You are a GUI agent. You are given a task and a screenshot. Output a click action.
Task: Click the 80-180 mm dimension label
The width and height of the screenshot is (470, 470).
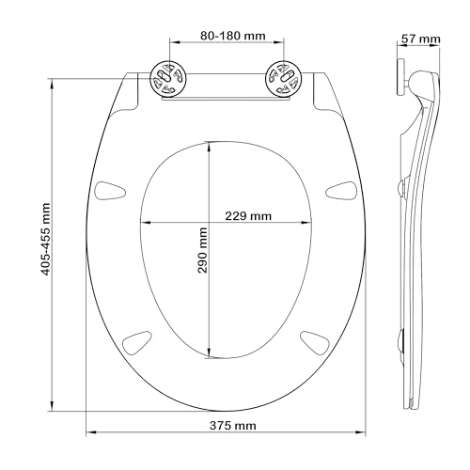pos(233,36)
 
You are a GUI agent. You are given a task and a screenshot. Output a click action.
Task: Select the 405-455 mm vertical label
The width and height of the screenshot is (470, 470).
pos(46,240)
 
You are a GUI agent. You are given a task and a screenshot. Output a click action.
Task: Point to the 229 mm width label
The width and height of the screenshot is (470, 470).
pos(248,216)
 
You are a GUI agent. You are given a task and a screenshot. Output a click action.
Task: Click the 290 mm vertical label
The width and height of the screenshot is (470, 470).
pos(202,250)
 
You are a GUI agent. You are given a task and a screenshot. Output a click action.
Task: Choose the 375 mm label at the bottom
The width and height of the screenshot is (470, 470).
pos(233,426)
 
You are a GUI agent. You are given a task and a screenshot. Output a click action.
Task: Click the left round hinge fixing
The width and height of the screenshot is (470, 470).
pos(169,79)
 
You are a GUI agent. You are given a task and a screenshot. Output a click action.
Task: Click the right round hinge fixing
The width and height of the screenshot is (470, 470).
pos(284,79)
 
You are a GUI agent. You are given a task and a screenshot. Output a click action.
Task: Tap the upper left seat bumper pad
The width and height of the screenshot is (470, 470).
pos(110,190)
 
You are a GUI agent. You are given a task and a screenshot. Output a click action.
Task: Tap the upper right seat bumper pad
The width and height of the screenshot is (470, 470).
pos(341,190)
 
